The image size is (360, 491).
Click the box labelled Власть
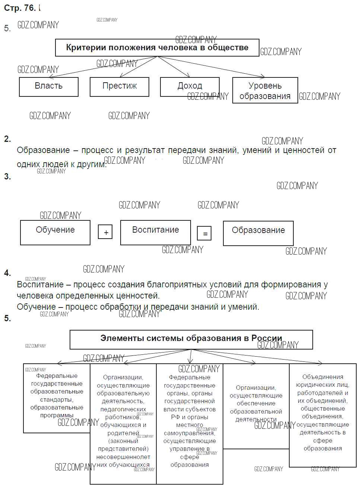[48, 86]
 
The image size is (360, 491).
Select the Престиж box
[119, 86]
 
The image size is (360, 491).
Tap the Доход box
[189, 86]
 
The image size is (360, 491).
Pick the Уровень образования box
[265, 90]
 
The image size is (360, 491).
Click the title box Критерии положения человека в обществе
[157, 48]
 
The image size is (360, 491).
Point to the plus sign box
[105, 232]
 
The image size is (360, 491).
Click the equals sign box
[204, 233]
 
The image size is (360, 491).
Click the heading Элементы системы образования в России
[191, 339]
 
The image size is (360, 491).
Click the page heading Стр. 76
[20, 8]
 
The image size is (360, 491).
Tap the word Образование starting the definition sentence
[43, 150]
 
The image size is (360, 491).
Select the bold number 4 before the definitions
[7, 273]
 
